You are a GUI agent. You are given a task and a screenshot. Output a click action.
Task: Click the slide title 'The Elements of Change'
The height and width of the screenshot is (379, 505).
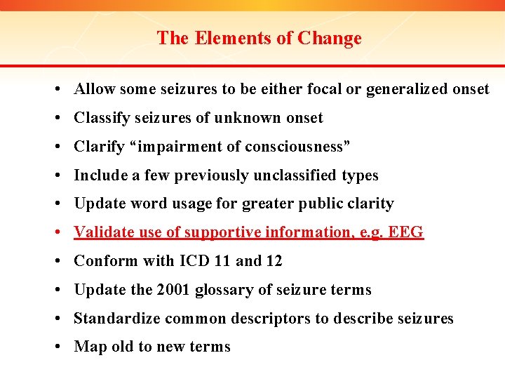pyautogui.click(x=259, y=38)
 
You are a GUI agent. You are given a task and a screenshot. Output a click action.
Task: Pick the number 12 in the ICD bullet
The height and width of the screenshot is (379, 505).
pyautogui.click(x=274, y=261)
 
